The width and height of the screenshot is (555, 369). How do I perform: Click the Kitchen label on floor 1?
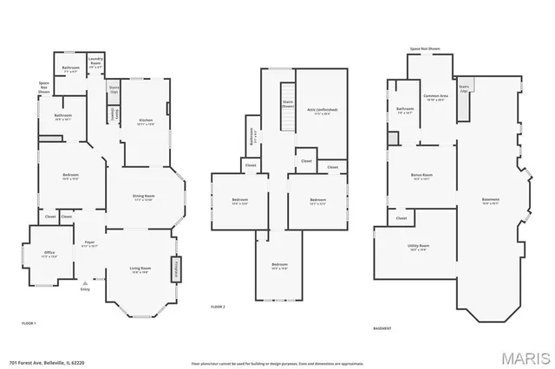coord(146,122)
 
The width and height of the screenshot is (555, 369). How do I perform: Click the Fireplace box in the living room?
coord(180,269)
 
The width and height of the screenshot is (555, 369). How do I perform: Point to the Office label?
coord(49,255)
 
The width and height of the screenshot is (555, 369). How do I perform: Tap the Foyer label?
coord(89,243)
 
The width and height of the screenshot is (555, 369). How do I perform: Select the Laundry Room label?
coord(95,64)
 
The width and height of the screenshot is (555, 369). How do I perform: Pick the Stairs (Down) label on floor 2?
coord(287,103)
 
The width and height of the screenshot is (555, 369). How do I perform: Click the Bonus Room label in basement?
coord(421,178)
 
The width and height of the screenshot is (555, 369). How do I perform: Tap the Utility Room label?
coord(419,248)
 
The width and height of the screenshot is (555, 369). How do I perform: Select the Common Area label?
coord(435,97)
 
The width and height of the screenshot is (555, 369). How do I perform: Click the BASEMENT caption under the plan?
coord(382,328)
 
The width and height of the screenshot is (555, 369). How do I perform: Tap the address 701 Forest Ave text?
coord(40,362)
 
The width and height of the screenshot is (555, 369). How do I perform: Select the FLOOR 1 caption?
coord(29,322)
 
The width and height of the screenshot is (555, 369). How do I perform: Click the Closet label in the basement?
coord(401,218)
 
